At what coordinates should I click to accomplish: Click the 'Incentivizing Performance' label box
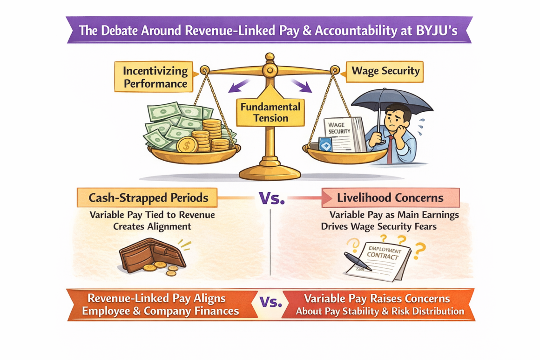click(155, 77)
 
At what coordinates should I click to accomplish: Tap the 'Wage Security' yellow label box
click(385, 71)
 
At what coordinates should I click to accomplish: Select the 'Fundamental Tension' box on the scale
click(270, 112)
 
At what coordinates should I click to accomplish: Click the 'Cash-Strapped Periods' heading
click(147, 197)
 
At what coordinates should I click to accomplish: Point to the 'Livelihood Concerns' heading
click(390, 197)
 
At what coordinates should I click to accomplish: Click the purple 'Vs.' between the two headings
click(271, 198)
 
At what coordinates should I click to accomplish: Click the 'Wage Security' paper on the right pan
click(342, 132)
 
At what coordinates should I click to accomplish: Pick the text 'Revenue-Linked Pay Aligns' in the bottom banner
click(156, 299)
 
